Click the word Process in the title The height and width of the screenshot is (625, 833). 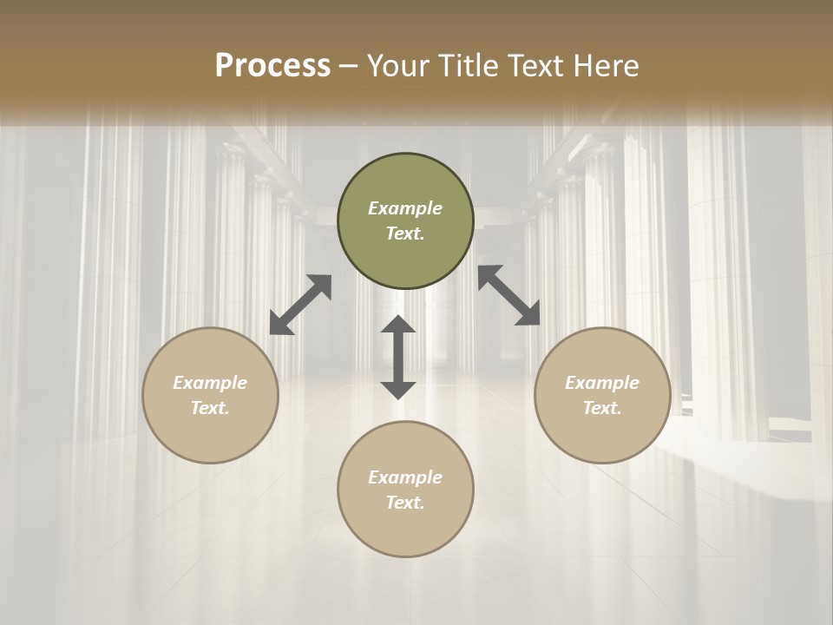click(x=272, y=66)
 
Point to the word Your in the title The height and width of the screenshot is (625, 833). click(x=396, y=66)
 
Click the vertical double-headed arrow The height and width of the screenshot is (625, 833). click(x=398, y=357)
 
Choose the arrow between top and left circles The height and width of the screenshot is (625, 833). click(x=300, y=305)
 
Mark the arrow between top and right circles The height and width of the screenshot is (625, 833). click(x=508, y=295)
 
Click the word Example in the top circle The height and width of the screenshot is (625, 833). click(x=405, y=208)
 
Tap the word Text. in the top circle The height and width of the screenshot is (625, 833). click(x=405, y=234)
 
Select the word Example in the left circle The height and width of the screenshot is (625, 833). click(x=210, y=383)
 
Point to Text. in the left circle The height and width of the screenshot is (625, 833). click(x=210, y=408)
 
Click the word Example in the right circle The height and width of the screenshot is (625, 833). click(x=602, y=383)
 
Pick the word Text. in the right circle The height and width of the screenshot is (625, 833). click(x=602, y=408)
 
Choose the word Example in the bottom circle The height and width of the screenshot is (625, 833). click(x=405, y=477)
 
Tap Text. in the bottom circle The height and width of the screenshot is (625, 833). click(x=405, y=503)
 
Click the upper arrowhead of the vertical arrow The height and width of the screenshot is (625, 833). click(x=398, y=325)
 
